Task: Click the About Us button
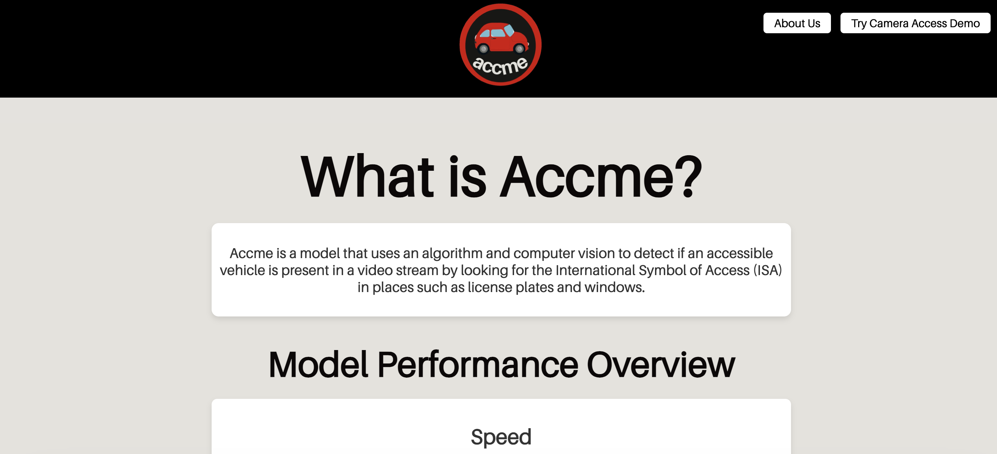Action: tap(797, 23)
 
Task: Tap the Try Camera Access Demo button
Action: tap(915, 23)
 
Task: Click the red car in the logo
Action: tap(501, 37)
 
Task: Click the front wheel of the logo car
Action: tap(519, 48)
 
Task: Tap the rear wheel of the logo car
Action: tap(483, 48)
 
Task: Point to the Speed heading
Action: tap(501, 437)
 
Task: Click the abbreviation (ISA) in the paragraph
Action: tap(767, 270)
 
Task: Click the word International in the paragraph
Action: tap(595, 270)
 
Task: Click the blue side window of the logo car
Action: tap(498, 33)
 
